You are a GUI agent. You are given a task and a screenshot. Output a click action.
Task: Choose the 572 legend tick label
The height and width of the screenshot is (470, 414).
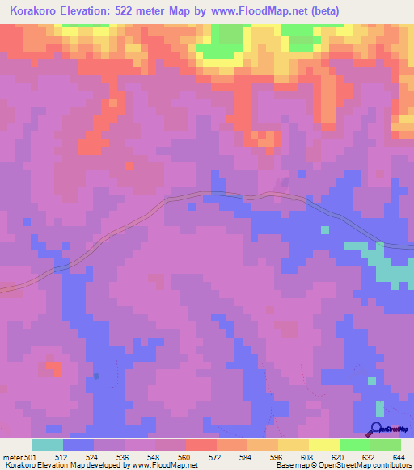pyautogui.click(x=216, y=456)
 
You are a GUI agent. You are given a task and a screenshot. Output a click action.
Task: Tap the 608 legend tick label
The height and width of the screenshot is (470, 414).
pyautogui.click(x=308, y=456)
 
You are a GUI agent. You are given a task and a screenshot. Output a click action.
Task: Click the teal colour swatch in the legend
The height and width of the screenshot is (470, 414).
pyautogui.click(x=48, y=445)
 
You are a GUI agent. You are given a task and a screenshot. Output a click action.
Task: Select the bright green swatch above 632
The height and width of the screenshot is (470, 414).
pyautogui.click(x=355, y=445)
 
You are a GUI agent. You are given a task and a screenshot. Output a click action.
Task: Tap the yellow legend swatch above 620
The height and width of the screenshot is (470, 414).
pyautogui.click(x=323, y=445)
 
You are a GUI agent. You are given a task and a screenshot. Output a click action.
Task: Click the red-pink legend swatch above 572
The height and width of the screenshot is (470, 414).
pyautogui.click(x=201, y=445)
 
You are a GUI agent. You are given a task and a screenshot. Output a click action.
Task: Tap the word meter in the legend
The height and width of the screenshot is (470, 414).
pyautogui.click(x=13, y=456)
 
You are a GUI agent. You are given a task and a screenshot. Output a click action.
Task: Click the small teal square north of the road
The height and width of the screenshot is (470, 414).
pyautogui.click(x=325, y=230)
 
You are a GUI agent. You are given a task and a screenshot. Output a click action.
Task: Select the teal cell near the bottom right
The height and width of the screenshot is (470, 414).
pyautogui.click(x=371, y=380)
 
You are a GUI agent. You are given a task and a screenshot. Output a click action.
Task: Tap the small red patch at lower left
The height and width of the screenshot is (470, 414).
pyautogui.click(x=55, y=369)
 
